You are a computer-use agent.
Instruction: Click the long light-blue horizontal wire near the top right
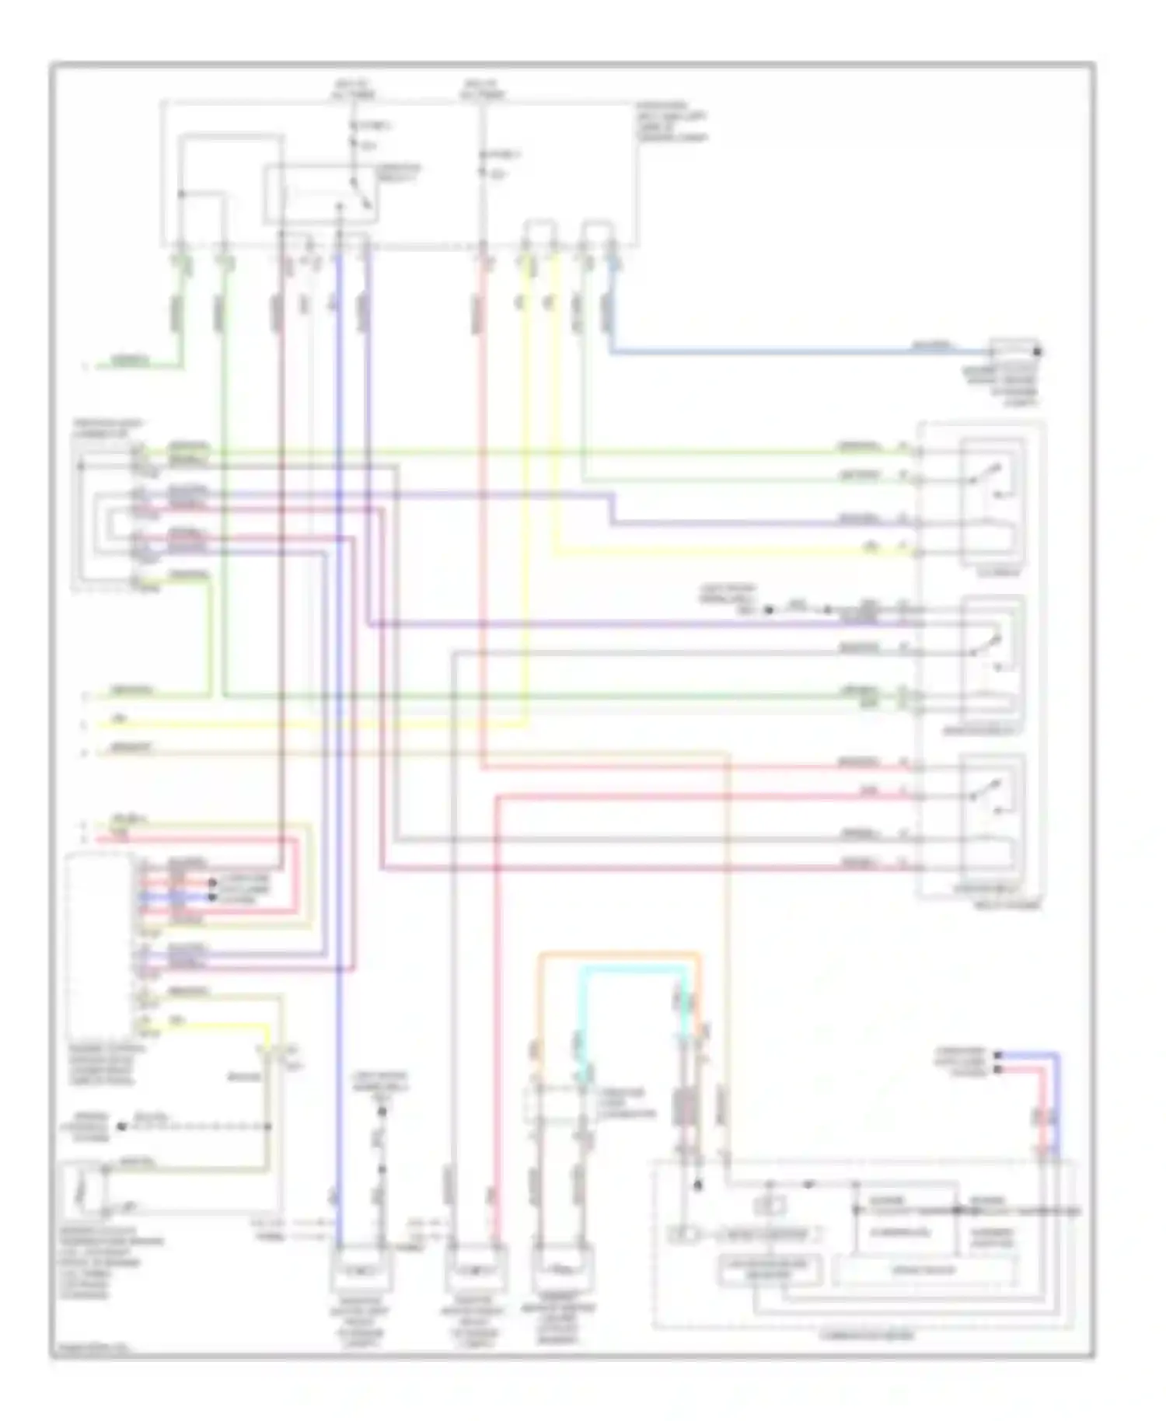(777, 354)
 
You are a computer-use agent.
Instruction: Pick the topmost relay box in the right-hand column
(992, 501)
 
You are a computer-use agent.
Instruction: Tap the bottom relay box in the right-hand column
(992, 816)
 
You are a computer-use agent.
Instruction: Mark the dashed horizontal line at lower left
(194, 1126)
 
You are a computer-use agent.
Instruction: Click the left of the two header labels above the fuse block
(354, 89)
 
